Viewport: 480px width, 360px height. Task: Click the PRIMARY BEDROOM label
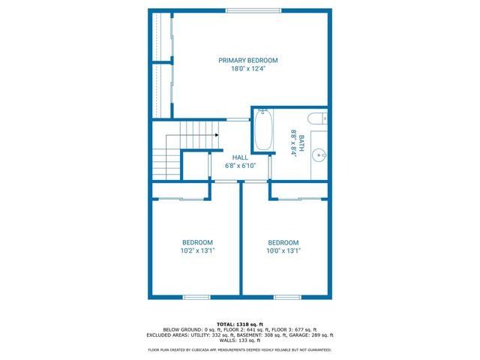click(248, 60)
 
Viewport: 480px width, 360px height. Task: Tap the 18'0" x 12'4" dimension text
click(248, 69)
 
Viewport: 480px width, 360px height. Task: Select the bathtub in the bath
click(263, 130)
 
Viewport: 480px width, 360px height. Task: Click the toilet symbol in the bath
click(316, 117)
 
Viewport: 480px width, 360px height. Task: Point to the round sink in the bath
click(319, 156)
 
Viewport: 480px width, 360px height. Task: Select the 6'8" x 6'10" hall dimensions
click(241, 166)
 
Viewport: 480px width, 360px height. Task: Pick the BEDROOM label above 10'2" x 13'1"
click(197, 242)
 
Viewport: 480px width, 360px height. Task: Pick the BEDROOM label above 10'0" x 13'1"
click(283, 242)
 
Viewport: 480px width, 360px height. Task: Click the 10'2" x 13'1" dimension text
click(197, 251)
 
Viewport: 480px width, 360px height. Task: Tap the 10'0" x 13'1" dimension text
click(283, 251)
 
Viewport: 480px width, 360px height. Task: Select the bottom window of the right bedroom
click(286, 297)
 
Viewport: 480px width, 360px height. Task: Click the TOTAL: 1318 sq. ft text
click(240, 324)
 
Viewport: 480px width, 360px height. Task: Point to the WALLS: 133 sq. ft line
click(240, 341)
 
